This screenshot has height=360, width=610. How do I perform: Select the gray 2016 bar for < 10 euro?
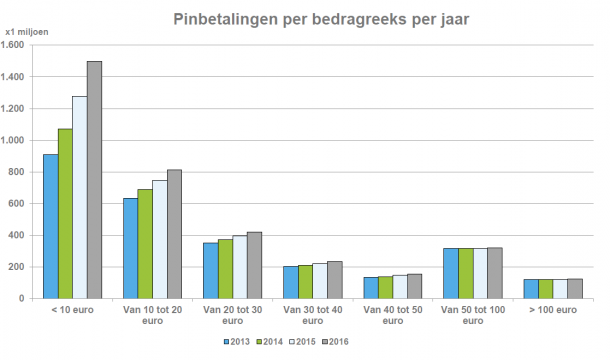point(94,180)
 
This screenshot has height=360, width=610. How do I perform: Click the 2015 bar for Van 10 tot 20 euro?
point(159,239)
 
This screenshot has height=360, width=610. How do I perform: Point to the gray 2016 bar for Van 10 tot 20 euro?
point(174,234)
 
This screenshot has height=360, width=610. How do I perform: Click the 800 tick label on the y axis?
point(18,172)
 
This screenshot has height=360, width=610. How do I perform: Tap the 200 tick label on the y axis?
point(18,267)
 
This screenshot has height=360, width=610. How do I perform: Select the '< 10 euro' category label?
point(73,312)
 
